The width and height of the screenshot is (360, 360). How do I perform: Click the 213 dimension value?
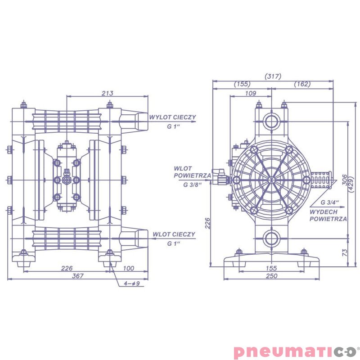pyautogui.click(x=107, y=93)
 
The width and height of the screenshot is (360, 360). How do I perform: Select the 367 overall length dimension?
pyautogui.click(x=78, y=276)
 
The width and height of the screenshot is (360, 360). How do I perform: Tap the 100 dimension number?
pyautogui.click(x=128, y=269)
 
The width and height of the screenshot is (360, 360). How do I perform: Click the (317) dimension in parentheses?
pyautogui.click(x=273, y=76)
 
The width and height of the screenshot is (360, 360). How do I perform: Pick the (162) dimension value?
pyautogui.click(x=302, y=84)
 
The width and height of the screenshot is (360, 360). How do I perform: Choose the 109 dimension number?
pyautogui.click(x=251, y=93)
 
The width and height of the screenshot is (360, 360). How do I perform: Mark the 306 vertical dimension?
pyautogui.click(x=344, y=179)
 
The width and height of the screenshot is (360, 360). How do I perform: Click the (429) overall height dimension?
pyautogui.click(x=351, y=179)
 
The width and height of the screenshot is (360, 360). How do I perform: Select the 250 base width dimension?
pyautogui.click(x=271, y=276)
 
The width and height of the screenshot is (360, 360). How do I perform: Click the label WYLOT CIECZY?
pyautogui.click(x=173, y=117)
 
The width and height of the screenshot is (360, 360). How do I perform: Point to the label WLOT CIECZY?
pyautogui.click(x=174, y=234)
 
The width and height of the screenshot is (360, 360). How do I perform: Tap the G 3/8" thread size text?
pyautogui.click(x=192, y=184)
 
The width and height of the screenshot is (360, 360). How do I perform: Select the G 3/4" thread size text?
pyautogui.click(x=330, y=202)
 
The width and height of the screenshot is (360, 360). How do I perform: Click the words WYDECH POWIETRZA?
pyautogui.click(x=328, y=215)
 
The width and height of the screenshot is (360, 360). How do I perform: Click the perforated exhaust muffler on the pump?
pyautogui.click(x=320, y=180)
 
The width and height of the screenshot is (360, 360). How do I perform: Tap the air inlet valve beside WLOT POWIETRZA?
pyautogui.click(x=221, y=179)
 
